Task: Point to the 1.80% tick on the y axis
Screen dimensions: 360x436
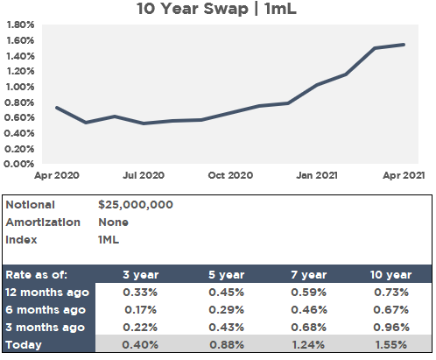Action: pos(18,25)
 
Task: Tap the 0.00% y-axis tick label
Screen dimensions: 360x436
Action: pos(18,164)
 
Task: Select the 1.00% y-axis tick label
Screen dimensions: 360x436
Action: pos(18,87)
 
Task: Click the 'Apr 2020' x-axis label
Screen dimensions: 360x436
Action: pos(57,175)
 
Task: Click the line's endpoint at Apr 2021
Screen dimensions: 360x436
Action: pos(404,45)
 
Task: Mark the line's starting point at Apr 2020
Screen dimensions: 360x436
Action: pos(57,108)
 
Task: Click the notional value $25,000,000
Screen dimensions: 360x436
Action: pos(136,205)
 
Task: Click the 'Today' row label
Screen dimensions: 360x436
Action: pos(25,345)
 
